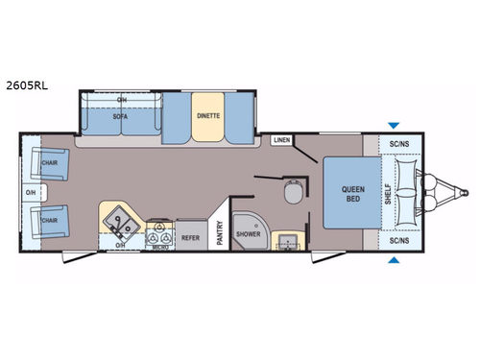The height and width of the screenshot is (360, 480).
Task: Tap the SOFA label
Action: click(120, 121)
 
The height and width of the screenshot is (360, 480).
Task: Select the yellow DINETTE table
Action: click(208, 115)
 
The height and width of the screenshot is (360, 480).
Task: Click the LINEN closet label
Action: click(281, 141)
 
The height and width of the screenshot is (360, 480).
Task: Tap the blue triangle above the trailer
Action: click(394, 125)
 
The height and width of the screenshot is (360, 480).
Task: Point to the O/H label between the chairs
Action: click(31, 196)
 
